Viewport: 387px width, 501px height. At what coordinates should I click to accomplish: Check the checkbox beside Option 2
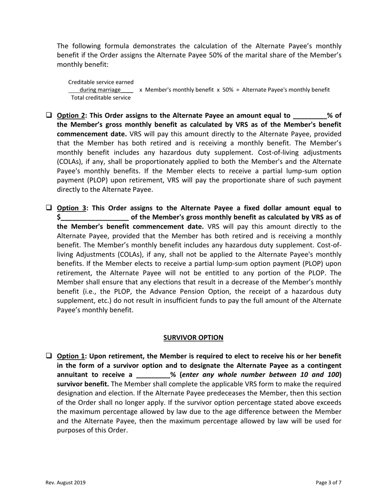point(48,115)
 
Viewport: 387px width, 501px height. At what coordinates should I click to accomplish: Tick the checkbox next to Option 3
point(48,207)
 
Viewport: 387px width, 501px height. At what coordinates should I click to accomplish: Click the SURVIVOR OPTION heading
point(193,338)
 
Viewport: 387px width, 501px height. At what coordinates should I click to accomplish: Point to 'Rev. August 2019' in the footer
point(65,483)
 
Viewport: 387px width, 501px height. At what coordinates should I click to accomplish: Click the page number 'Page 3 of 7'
point(328,483)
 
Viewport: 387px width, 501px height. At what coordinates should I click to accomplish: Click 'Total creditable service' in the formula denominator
point(101,98)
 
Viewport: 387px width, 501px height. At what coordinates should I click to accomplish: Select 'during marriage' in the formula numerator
point(100,90)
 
